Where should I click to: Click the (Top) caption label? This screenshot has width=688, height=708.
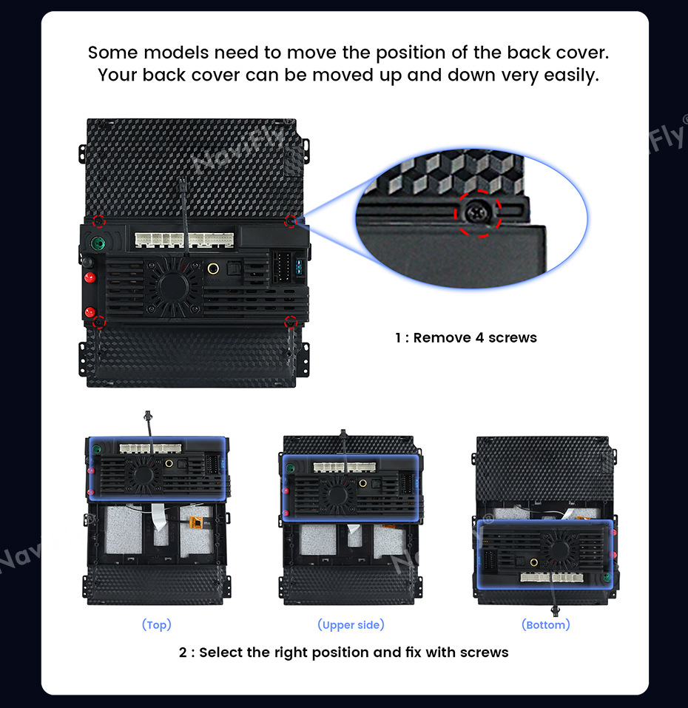(x=157, y=625)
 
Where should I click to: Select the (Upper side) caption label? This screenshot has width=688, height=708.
(x=351, y=625)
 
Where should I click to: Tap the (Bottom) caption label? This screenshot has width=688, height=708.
(x=546, y=625)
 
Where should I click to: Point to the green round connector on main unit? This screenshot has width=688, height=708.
(x=98, y=243)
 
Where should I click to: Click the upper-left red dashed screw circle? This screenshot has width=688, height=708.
(x=99, y=222)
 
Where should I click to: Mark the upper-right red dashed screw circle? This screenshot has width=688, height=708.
(x=291, y=222)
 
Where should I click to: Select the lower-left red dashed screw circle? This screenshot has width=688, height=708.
(x=99, y=323)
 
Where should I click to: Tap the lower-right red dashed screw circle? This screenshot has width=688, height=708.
(x=291, y=323)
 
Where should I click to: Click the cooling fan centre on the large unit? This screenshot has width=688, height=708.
(x=173, y=286)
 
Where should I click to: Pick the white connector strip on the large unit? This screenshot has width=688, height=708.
(x=185, y=240)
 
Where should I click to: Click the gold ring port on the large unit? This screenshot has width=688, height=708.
(x=213, y=269)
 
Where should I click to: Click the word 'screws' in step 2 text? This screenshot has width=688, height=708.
(x=486, y=653)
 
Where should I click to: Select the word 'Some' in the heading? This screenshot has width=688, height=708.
(x=112, y=53)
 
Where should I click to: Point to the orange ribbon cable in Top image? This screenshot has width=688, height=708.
(x=196, y=523)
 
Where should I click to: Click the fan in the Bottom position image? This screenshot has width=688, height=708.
(x=559, y=550)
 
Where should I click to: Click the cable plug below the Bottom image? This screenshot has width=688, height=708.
(x=556, y=611)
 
